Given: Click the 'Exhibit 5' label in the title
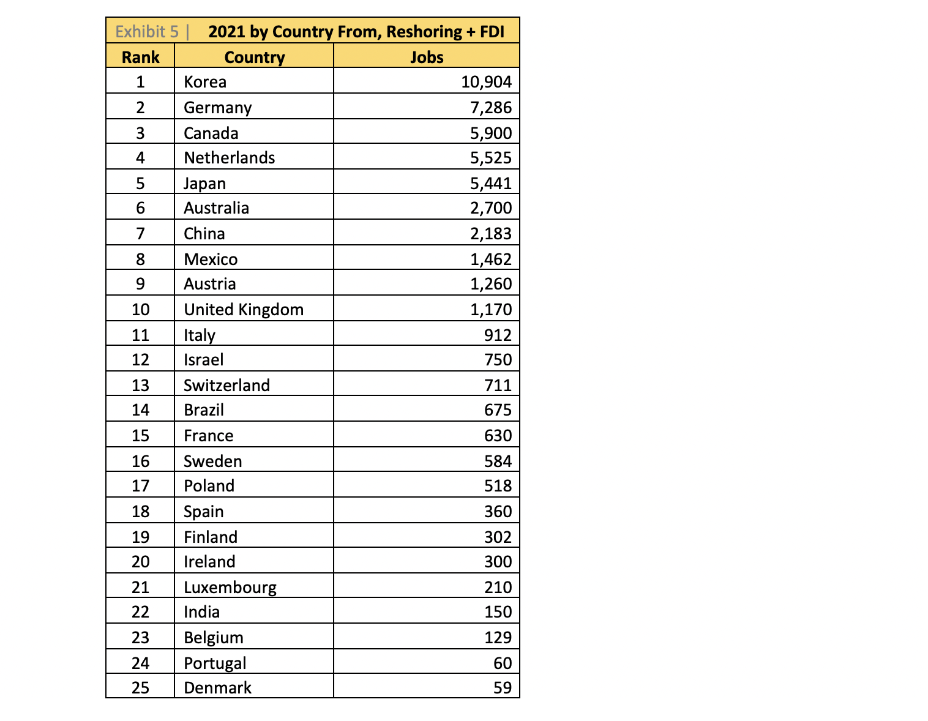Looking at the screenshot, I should pos(147,32).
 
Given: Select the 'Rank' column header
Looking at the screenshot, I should pos(140,58).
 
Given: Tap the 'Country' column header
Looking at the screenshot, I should pos(254,58).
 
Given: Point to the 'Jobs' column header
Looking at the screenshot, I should pos(427,58).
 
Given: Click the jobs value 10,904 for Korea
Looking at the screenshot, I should pos(486,82).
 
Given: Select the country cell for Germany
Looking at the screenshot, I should pos(217,108).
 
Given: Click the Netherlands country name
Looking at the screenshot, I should pos(229,158).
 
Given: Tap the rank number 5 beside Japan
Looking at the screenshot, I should pos(140,184).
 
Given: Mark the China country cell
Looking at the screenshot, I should pos(204,234).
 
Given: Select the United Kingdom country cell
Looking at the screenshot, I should pos(244,310).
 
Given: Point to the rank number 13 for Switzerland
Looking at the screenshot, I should pos(140,386).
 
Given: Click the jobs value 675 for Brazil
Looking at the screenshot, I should pos(498,410).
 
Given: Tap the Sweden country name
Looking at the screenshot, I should pos(212,461).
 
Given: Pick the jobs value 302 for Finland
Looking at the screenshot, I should pos(498,537).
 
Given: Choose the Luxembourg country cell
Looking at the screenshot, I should pos(230,588).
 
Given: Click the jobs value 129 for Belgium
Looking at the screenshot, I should pos(498,638).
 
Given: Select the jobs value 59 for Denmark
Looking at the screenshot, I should pos(502,688).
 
